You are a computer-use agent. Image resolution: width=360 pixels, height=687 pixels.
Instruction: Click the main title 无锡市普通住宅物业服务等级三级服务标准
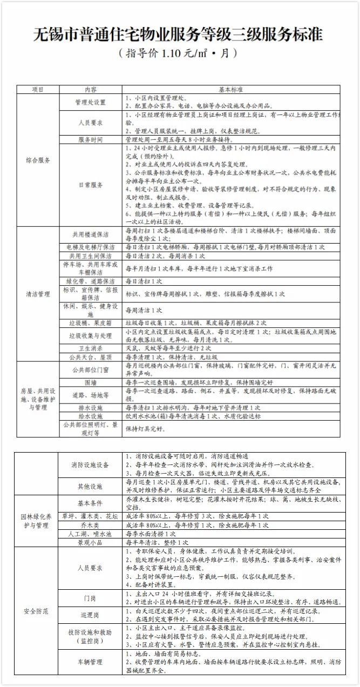point(179,35)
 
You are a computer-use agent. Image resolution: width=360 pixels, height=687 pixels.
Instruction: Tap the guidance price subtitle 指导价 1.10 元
point(179,54)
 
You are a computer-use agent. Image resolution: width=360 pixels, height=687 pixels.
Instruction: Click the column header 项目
point(38,89)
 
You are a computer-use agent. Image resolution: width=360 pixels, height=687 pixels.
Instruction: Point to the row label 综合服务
point(38,160)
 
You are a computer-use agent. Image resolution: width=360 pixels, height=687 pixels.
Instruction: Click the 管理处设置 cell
point(91,102)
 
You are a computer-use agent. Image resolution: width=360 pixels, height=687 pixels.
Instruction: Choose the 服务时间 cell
point(91,139)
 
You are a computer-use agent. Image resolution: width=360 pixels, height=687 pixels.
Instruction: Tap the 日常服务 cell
point(91,185)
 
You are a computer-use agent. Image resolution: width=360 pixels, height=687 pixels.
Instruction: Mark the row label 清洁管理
point(38,294)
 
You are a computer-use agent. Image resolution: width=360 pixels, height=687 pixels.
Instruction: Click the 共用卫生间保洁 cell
point(91,255)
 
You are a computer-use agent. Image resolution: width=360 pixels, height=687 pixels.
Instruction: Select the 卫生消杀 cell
point(91,348)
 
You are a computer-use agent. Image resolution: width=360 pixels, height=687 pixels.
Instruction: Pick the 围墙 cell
point(91,382)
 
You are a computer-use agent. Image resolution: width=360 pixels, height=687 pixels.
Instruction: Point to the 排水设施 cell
point(91,408)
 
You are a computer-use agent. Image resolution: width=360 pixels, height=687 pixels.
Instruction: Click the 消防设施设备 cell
point(91,464)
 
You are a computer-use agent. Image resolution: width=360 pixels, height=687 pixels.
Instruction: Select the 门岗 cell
point(91,598)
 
